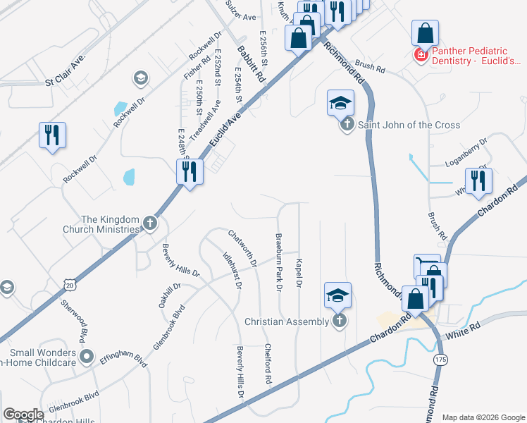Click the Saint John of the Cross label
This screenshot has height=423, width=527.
pyautogui.click(x=409, y=125)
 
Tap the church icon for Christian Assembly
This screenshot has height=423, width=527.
pyautogui.click(x=340, y=321)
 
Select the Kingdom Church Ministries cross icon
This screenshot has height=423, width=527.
pyautogui.click(x=149, y=223)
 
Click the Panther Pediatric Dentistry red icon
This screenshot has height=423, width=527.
pyautogui.click(x=421, y=54)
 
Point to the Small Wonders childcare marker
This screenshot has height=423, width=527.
pyautogui.click(x=87, y=355)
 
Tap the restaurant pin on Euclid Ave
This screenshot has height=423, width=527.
pyautogui.click(x=190, y=171)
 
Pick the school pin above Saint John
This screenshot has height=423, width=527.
pyautogui.click(x=340, y=104)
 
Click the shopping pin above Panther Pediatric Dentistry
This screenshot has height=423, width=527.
pyautogui.click(x=426, y=32)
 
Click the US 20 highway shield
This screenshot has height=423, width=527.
pyautogui.click(x=68, y=283)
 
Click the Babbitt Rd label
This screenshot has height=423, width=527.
pyautogui.click(x=252, y=64)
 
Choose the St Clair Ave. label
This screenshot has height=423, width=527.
pyautogui.click(x=65, y=69)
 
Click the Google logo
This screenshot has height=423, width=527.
pyautogui.click(x=23, y=415)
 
